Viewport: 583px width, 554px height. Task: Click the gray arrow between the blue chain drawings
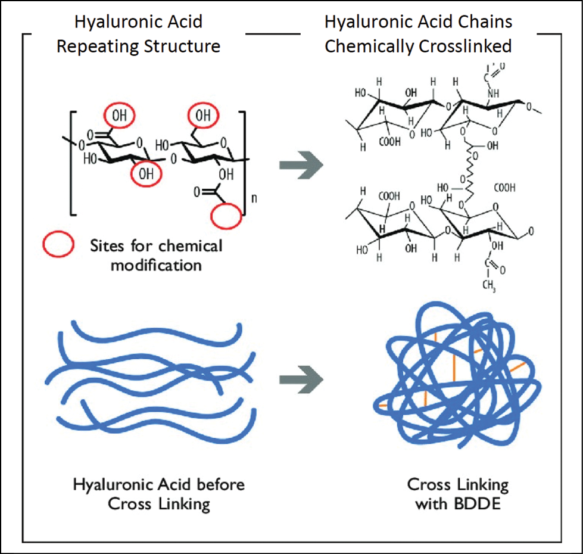pos(301,381)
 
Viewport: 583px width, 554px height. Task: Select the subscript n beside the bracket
pos(254,199)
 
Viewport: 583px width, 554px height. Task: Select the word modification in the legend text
pos(156,264)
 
